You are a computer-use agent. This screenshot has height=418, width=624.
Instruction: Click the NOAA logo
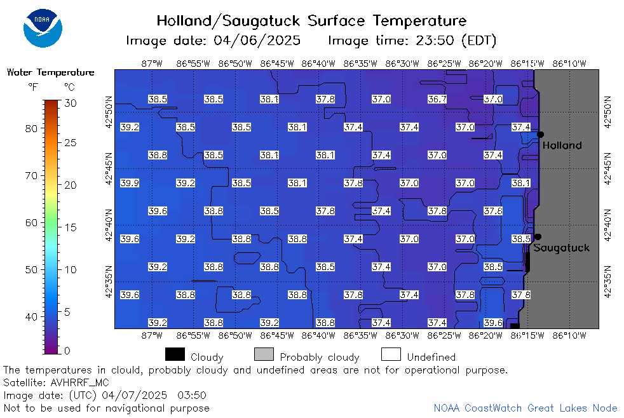(x=43, y=28)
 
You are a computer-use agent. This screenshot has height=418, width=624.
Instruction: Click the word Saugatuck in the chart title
(x=261, y=21)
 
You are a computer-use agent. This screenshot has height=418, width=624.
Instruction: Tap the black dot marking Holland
(x=540, y=135)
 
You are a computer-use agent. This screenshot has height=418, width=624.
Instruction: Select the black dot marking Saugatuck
(x=538, y=237)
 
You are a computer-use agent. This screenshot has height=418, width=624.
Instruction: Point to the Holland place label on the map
(x=562, y=145)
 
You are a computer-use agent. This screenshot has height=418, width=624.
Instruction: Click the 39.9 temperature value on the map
(x=130, y=183)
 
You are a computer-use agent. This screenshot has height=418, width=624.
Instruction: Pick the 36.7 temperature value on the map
(x=437, y=99)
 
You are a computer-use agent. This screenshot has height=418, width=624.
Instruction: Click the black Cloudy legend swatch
(x=175, y=354)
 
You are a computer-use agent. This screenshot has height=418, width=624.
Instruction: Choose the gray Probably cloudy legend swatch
(x=264, y=354)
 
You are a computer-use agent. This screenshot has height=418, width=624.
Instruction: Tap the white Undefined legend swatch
(x=391, y=354)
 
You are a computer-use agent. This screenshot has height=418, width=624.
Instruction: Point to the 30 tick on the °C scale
(x=71, y=104)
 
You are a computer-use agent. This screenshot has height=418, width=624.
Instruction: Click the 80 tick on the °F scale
(x=31, y=128)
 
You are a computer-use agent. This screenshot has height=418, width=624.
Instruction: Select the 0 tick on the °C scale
(x=67, y=351)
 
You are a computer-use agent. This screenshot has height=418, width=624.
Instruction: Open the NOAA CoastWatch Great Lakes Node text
(x=526, y=408)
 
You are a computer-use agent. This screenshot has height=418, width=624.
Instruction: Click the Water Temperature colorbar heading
(x=51, y=72)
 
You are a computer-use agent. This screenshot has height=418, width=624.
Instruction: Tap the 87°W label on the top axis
(x=152, y=64)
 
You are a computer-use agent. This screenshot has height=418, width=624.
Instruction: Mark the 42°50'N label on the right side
(x=607, y=112)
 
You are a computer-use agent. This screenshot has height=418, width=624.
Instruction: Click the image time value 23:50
(x=435, y=40)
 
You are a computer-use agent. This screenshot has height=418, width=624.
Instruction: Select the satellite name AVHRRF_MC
(x=79, y=382)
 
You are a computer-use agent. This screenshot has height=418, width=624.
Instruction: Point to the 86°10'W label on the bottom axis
(x=569, y=335)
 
